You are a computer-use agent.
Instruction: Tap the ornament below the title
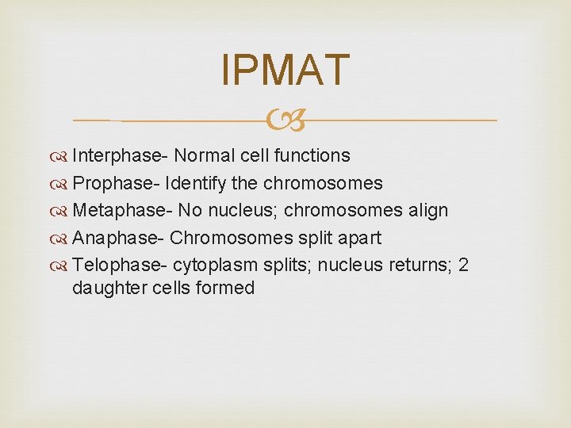tap(285, 121)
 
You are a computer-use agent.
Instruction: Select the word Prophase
tap(113, 183)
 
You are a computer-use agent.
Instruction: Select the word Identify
tap(196, 183)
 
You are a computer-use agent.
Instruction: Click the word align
tap(427, 210)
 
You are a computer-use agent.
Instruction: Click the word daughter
tap(105, 288)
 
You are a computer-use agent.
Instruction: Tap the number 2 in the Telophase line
tap(463, 264)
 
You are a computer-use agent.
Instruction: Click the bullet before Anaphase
tap(62, 238)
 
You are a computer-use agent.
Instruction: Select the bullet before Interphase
tap(62, 156)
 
